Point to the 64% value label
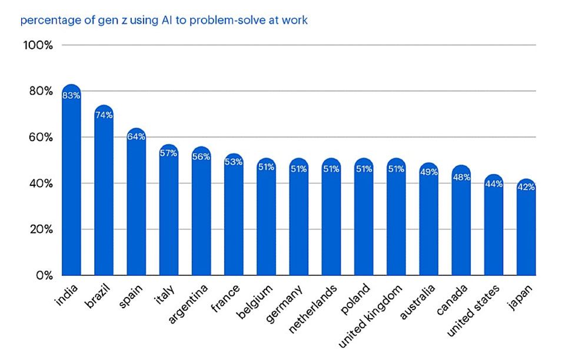pos(136,136)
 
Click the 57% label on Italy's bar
pos(168,153)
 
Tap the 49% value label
pos(428,172)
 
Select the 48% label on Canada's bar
pos(461,177)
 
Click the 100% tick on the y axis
pos(39,45)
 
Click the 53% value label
pos(234,162)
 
